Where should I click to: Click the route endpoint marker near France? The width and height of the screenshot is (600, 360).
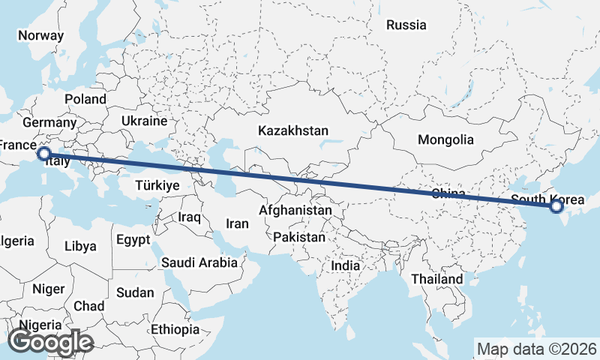click(x=44, y=154)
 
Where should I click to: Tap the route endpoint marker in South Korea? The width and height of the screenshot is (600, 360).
click(x=556, y=205)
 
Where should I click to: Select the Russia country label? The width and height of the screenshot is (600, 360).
click(x=406, y=25)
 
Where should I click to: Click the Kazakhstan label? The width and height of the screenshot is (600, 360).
click(x=292, y=130)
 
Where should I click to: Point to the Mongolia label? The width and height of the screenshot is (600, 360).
click(x=445, y=139)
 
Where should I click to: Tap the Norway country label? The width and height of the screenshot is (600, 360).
click(x=40, y=35)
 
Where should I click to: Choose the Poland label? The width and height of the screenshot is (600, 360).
click(x=85, y=99)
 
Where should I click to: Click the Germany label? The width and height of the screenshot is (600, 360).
click(x=50, y=122)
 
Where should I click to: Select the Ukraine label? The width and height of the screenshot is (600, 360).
click(x=144, y=120)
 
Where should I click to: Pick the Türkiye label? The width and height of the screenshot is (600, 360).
click(x=157, y=185)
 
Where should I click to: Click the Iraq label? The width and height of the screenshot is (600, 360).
click(x=190, y=217)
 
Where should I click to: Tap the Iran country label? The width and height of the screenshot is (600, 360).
click(x=237, y=223)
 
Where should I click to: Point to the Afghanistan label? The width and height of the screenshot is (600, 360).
click(x=295, y=211)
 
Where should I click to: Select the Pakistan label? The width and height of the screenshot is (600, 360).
click(x=299, y=237)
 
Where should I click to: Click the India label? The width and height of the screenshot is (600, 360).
click(x=346, y=265)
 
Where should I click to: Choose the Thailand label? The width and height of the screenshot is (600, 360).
click(x=436, y=279)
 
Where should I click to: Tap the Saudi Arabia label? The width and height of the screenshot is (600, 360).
click(x=199, y=262)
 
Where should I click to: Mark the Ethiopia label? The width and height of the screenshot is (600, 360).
click(x=175, y=329)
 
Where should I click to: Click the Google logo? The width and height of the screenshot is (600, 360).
click(x=50, y=342)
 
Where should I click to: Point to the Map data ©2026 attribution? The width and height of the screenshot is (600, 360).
click(x=536, y=349)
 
